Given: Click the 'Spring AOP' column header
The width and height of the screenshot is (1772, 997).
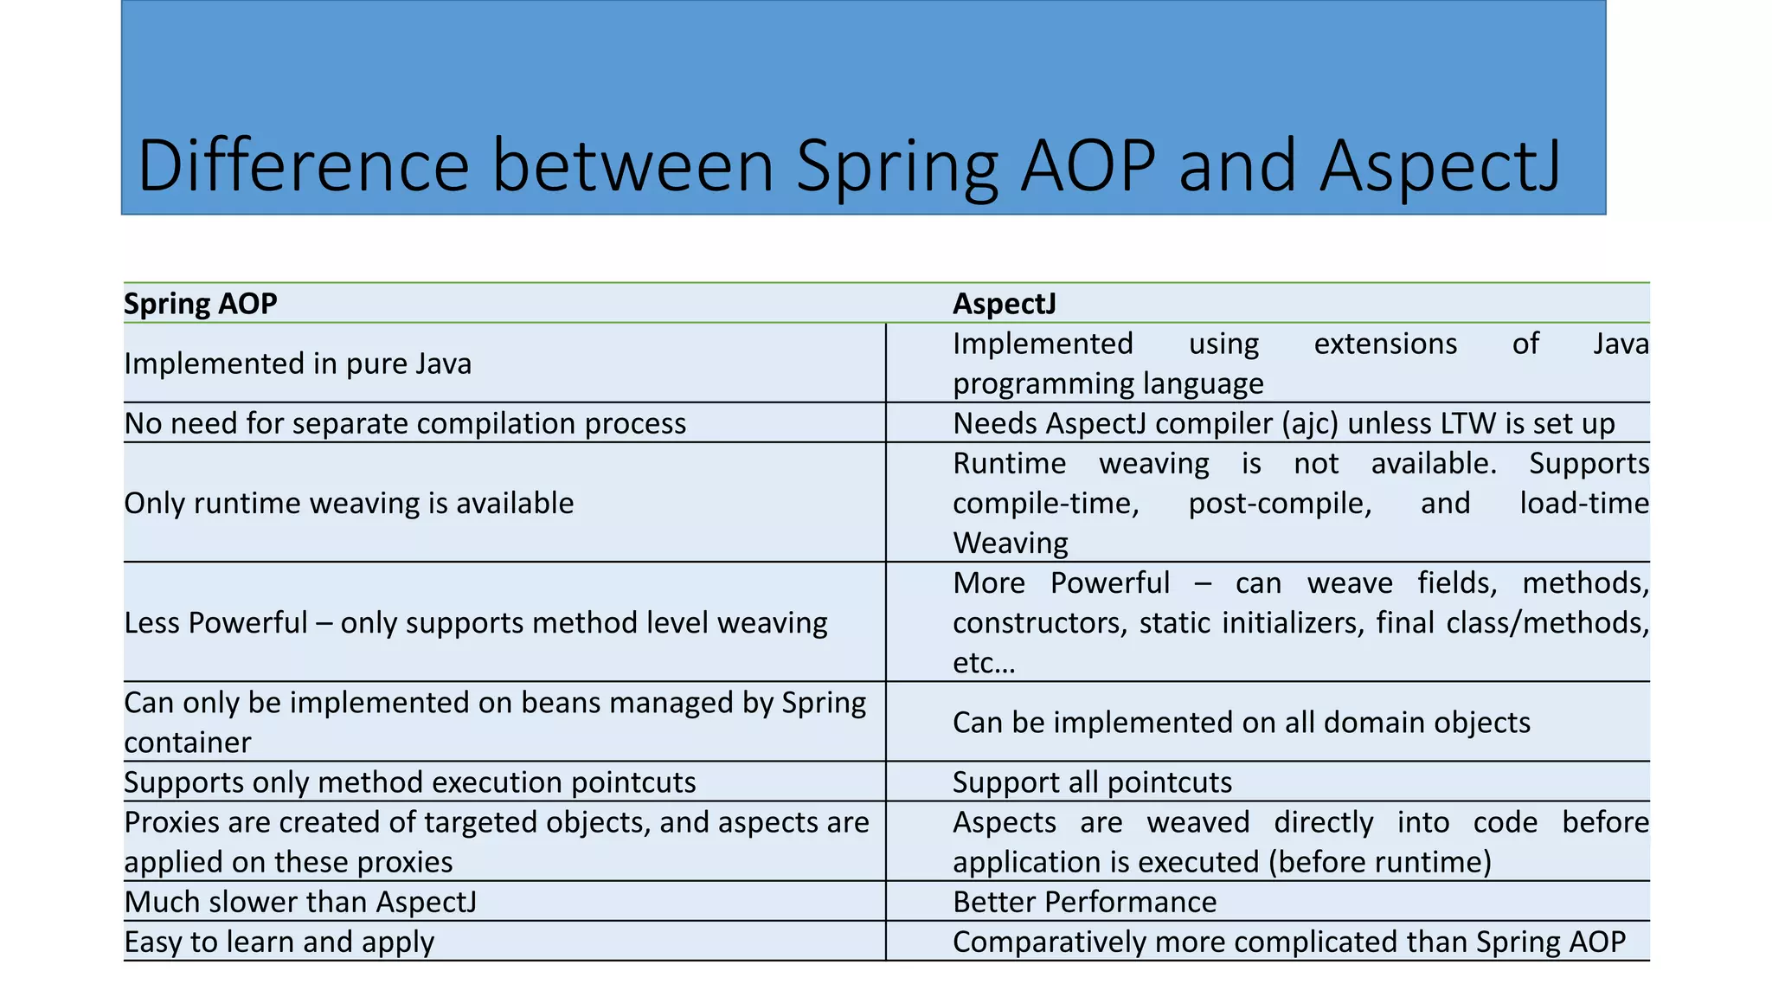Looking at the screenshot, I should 201,304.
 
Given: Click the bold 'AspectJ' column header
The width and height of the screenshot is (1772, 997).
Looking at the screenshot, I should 1005,304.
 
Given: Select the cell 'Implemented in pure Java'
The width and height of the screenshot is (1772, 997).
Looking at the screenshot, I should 298,363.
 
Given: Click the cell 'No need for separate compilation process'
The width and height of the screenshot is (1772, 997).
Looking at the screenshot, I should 405,423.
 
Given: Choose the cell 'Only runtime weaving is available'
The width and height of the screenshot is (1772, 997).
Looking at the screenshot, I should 349,503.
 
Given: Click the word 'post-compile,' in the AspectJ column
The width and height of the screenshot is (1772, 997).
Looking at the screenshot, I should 1280,503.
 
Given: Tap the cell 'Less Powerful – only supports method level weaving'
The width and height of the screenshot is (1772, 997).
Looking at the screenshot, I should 476,622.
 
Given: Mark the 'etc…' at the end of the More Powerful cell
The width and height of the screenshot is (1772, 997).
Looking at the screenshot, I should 984,663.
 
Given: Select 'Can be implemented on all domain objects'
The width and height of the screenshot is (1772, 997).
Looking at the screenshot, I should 1241,722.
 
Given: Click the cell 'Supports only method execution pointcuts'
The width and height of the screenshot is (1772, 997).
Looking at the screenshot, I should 410,782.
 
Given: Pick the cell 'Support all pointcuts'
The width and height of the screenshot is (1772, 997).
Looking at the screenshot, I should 1092,782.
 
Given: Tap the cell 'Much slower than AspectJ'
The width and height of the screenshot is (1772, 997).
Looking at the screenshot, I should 300,902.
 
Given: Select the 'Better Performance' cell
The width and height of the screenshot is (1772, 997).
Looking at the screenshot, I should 1084,902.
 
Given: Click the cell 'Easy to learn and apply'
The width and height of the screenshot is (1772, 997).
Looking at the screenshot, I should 279,942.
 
